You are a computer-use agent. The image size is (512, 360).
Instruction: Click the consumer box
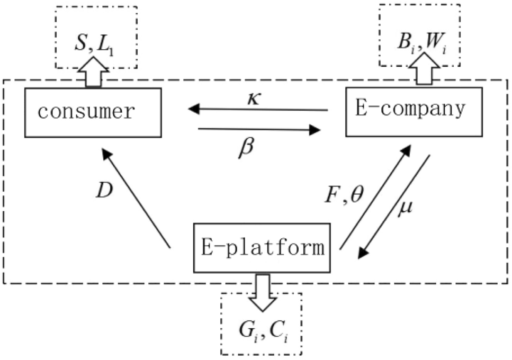(93, 112)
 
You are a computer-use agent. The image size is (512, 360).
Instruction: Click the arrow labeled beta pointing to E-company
(259, 129)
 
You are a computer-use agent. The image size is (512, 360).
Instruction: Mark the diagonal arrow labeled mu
(394, 206)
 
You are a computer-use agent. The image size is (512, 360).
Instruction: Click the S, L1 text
(96, 42)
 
